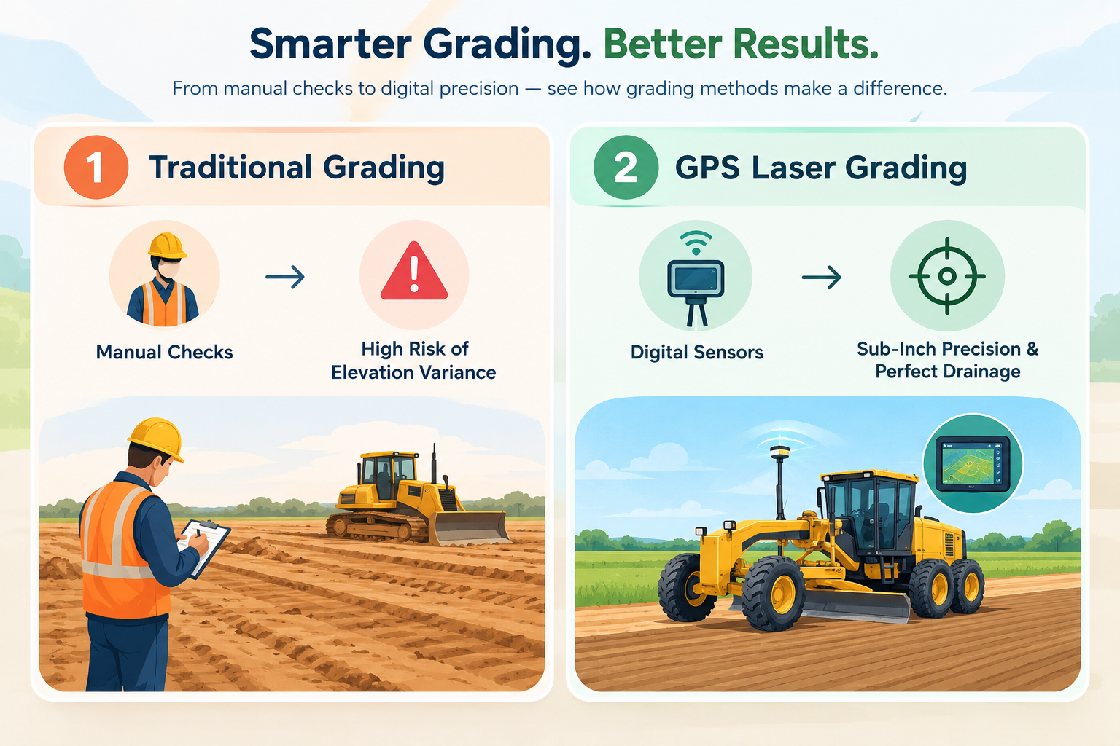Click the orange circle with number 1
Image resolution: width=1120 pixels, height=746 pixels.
coord(96,167)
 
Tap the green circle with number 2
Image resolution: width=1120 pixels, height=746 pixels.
coord(626,167)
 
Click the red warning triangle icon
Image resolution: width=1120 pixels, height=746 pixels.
coord(414,271)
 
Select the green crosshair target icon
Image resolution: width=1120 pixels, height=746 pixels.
coord(947,276)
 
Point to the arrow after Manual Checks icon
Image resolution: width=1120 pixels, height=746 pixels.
coord(285,277)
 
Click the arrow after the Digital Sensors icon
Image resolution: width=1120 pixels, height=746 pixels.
coord(822,277)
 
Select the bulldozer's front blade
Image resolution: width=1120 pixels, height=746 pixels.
coord(470,529)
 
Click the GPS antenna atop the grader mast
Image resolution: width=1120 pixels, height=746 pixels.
coord(779,452)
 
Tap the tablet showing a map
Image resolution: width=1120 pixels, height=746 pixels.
coord(973,464)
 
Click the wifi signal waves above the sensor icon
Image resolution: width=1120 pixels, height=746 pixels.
coord(696,243)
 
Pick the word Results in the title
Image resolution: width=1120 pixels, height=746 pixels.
coord(805,44)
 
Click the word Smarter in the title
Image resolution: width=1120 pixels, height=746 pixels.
coord(330,44)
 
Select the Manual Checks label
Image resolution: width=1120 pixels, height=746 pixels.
coord(165,353)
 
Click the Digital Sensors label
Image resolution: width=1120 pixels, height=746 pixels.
coord(697,353)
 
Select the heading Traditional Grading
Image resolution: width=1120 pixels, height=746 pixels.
coord(297,168)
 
